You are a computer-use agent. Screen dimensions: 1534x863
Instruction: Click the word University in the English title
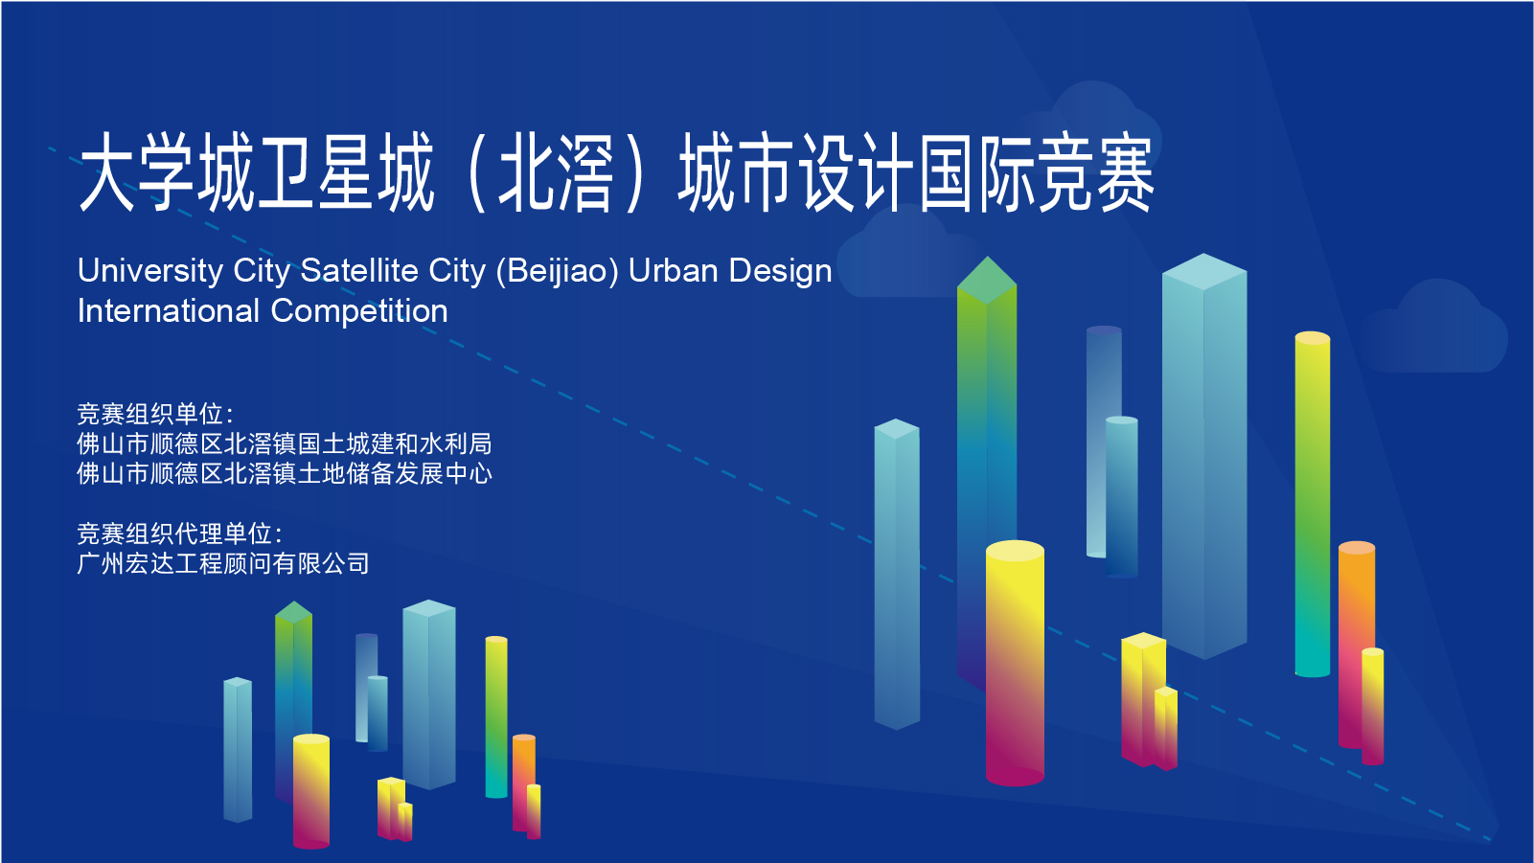coord(150,272)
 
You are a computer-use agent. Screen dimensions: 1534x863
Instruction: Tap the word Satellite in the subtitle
coord(359,270)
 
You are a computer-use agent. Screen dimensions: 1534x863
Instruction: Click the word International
coord(169,310)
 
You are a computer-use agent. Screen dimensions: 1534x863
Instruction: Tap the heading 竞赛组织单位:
coord(155,414)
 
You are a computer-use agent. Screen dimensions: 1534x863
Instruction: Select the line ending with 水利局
coord(285,444)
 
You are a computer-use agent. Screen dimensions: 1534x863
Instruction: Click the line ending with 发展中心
coord(285,473)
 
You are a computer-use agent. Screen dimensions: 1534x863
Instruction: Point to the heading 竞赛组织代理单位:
coord(179,534)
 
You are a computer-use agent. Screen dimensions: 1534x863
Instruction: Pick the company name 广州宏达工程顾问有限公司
coord(223,564)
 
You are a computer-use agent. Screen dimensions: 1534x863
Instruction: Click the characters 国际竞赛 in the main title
coord(1036,173)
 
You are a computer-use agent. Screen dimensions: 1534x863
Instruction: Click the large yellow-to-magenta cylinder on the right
coord(1015,663)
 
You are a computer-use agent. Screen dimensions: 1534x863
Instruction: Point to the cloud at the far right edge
coord(1433,328)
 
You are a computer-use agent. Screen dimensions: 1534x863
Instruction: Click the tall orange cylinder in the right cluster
coord(1356,644)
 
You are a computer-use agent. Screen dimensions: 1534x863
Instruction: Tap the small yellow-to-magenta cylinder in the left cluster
coord(310,791)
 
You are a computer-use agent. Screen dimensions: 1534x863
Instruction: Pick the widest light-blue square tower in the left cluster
coord(429,694)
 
